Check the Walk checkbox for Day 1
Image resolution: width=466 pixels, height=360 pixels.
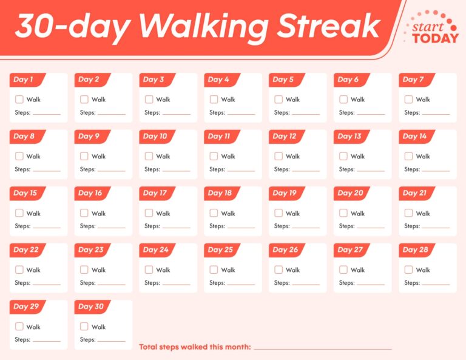[x=19, y=100]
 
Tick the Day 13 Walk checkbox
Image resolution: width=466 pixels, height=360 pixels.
[x=343, y=156]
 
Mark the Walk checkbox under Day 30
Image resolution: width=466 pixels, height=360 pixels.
[x=84, y=327]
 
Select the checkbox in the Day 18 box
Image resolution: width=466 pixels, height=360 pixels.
[x=214, y=213]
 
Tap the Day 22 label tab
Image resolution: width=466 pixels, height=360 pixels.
[x=26, y=250]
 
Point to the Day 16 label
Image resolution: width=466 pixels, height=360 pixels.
[x=90, y=193]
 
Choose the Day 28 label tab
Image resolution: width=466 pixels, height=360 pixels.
[x=416, y=250]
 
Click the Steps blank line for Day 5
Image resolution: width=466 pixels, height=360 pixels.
[x=305, y=114]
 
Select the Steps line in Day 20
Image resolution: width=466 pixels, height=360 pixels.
[x=370, y=227]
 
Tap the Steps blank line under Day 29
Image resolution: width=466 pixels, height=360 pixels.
[x=46, y=341]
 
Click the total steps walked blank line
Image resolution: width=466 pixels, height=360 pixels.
[x=322, y=349]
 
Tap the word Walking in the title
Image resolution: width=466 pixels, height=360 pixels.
[x=203, y=27]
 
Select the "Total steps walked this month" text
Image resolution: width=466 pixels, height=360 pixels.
[x=195, y=347]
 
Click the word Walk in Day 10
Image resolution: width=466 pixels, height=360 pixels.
[x=163, y=157]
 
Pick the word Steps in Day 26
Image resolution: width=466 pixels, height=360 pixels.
[x=282, y=283]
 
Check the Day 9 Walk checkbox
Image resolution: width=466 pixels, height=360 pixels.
[x=84, y=156]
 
